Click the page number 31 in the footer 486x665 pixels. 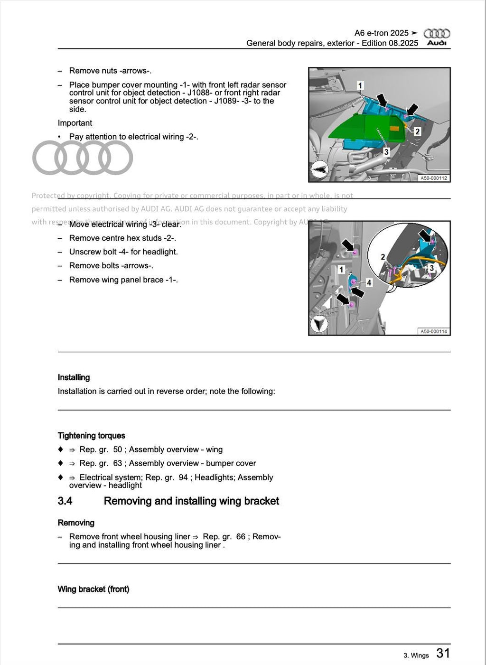(x=443, y=653)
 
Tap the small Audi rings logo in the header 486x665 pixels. (x=437, y=33)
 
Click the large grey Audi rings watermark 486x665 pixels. (x=83, y=158)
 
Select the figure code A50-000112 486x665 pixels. (x=433, y=178)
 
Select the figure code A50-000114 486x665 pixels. (x=433, y=331)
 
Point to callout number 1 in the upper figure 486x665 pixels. (x=360, y=85)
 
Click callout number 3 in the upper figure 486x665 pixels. (x=386, y=152)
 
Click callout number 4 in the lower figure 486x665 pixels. (x=369, y=283)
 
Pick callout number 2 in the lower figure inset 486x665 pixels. (x=383, y=257)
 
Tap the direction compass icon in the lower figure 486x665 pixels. (x=319, y=324)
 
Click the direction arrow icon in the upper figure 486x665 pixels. (x=319, y=169)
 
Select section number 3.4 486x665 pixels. (x=65, y=501)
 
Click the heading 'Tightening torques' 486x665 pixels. (x=92, y=436)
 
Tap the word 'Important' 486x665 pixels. (x=75, y=123)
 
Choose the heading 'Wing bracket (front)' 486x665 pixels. (x=93, y=589)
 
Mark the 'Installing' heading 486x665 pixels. (x=74, y=377)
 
